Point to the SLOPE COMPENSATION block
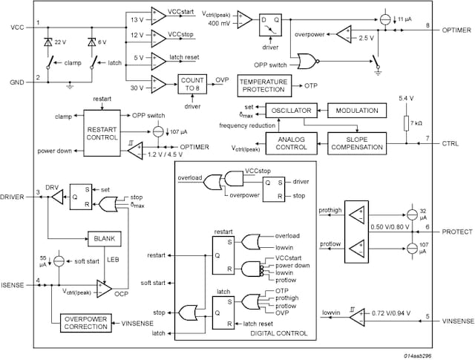click(356, 143)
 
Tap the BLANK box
click(105, 238)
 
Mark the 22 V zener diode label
click(61, 42)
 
